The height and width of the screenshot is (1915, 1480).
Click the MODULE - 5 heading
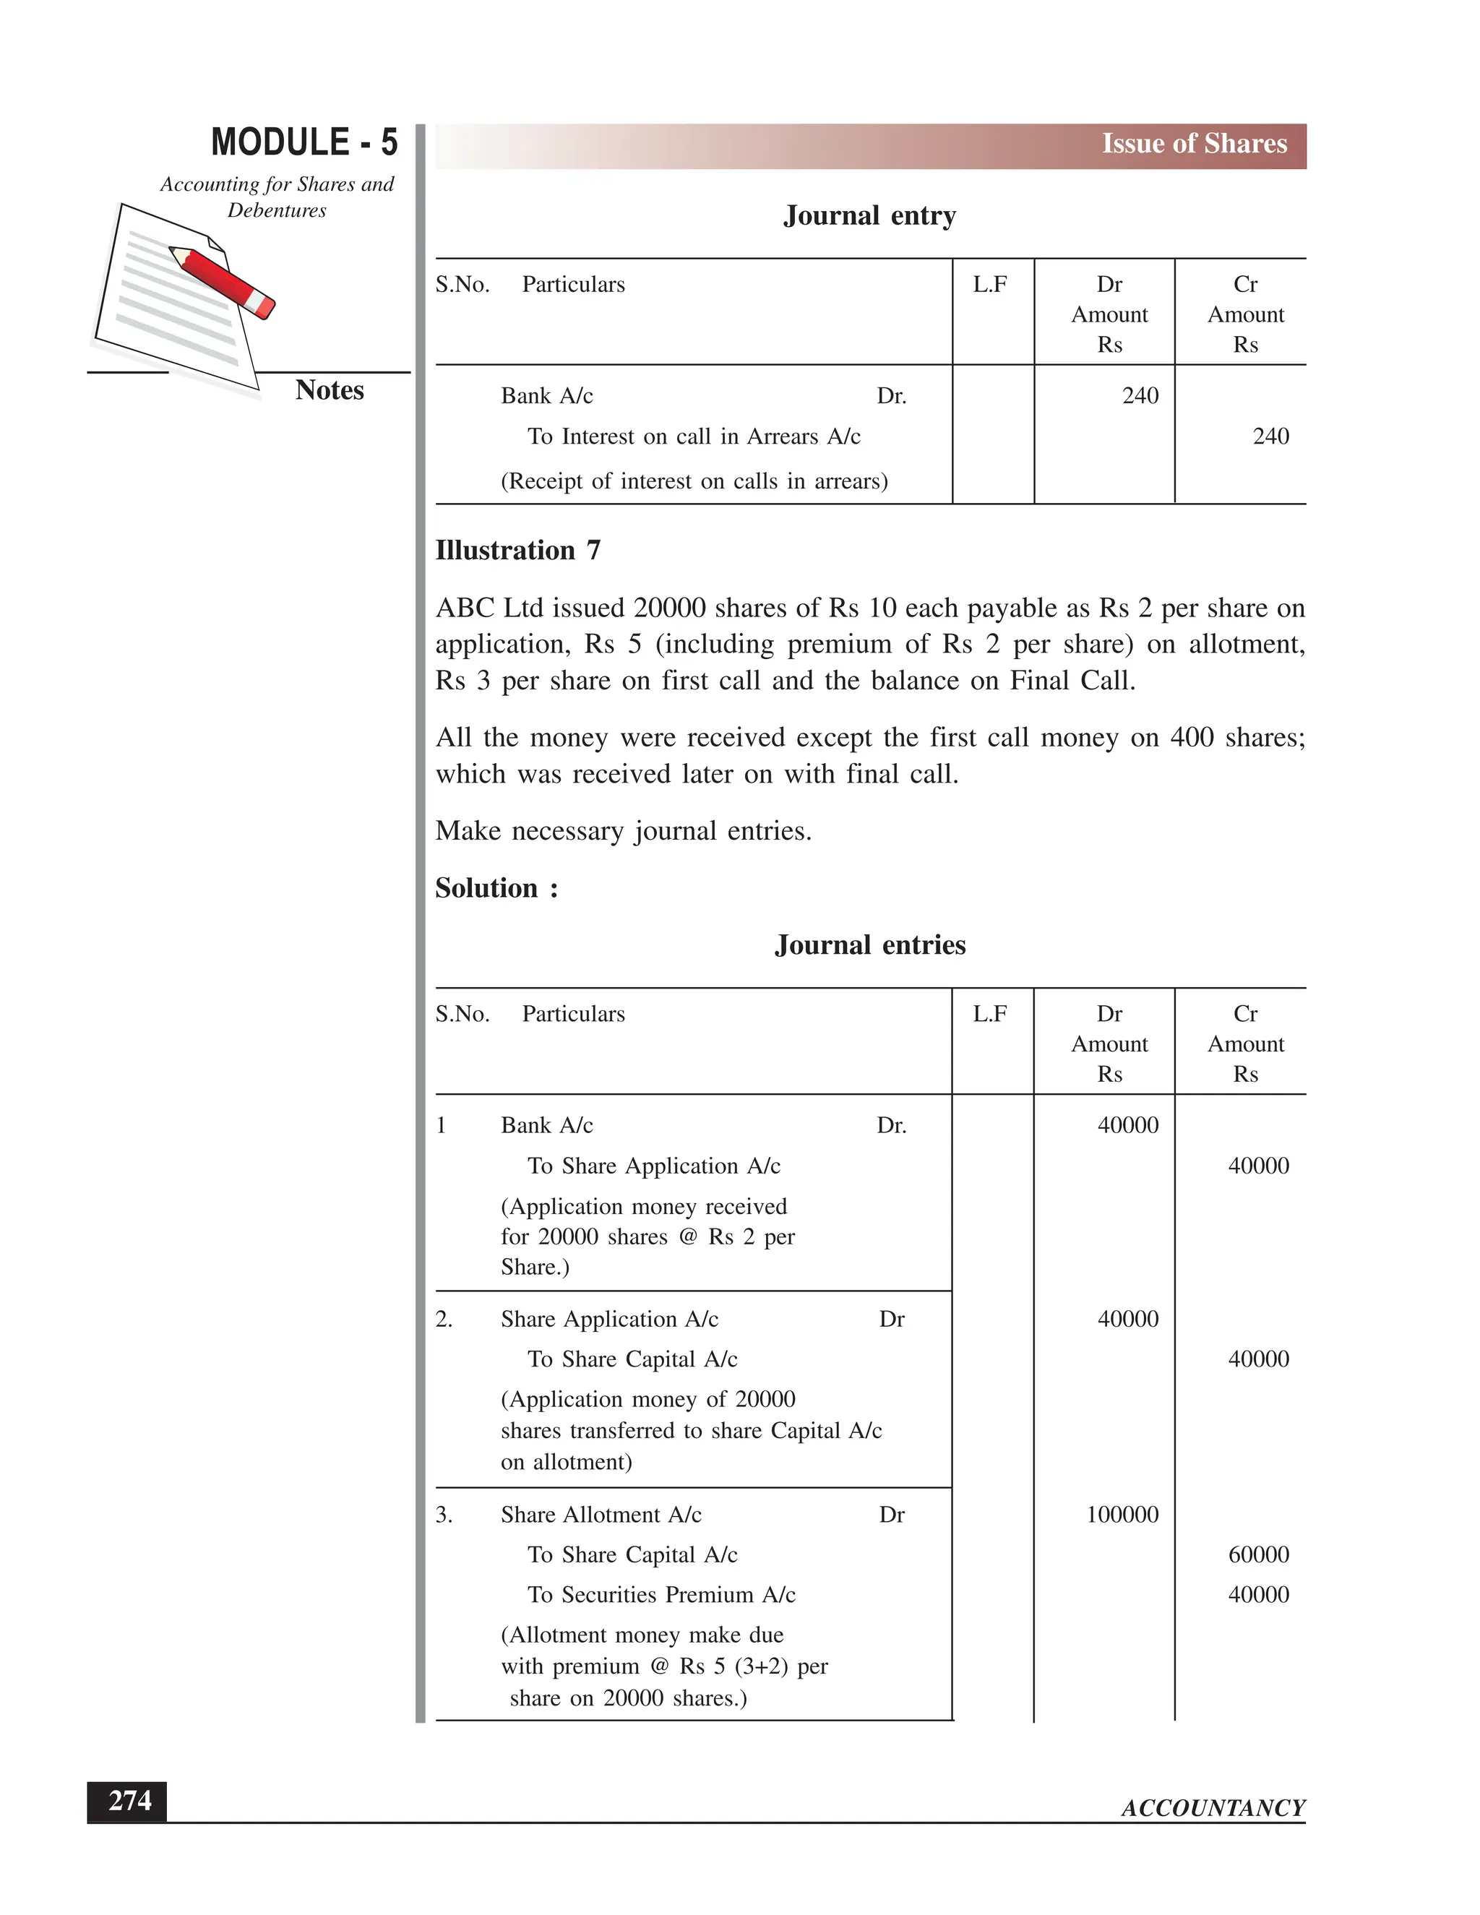[304, 143]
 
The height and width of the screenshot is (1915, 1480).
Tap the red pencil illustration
[223, 280]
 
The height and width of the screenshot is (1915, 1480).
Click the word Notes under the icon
[329, 390]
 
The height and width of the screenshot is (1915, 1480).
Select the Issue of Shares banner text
[1193, 144]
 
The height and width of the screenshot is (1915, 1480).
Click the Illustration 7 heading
[517, 551]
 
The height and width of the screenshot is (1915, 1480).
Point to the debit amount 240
[1140, 395]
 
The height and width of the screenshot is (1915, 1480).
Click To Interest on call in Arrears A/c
[694, 436]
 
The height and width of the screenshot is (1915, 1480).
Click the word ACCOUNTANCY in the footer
[1213, 1808]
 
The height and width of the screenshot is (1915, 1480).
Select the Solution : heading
[496, 888]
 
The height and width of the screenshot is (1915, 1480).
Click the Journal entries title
[870, 945]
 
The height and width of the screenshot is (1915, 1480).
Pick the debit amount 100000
[1122, 1514]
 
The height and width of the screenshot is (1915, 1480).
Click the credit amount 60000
[1258, 1554]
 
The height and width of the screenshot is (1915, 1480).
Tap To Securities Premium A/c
[661, 1595]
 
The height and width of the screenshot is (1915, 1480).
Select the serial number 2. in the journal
[444, 1320]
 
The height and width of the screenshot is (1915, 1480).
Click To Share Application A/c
[653, 1166]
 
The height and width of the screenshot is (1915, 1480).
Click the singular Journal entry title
[869, 215]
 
